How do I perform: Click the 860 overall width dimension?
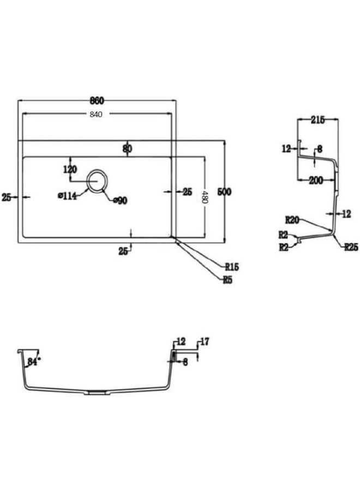click(x=97, y=101)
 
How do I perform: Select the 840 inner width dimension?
click(x=96, y=115)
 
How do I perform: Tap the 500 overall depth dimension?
click(x=224, y=191)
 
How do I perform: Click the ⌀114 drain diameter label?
click(x=67, y=196)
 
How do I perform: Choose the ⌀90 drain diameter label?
click(x=120, y=200)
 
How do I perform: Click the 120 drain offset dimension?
click(x=70, y=170)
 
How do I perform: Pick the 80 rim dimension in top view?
click(x=128, y=148)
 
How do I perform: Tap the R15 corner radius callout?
click(x=232, y=267)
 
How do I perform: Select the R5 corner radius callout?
click(x=227, y=280)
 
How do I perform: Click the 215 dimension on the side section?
click(x=318, y=120)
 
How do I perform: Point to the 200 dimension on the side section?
click(x=316, y=181)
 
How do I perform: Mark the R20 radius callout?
click(x=292, y=220)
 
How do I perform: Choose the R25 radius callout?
click(x=351, y=247)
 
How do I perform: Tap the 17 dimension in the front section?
click(x=205, y=342)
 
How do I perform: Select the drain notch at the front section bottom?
click(x=97, y=392)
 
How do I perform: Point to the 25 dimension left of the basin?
click(x=7, y=197)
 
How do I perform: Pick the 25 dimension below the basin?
click(x=123, y=251)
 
